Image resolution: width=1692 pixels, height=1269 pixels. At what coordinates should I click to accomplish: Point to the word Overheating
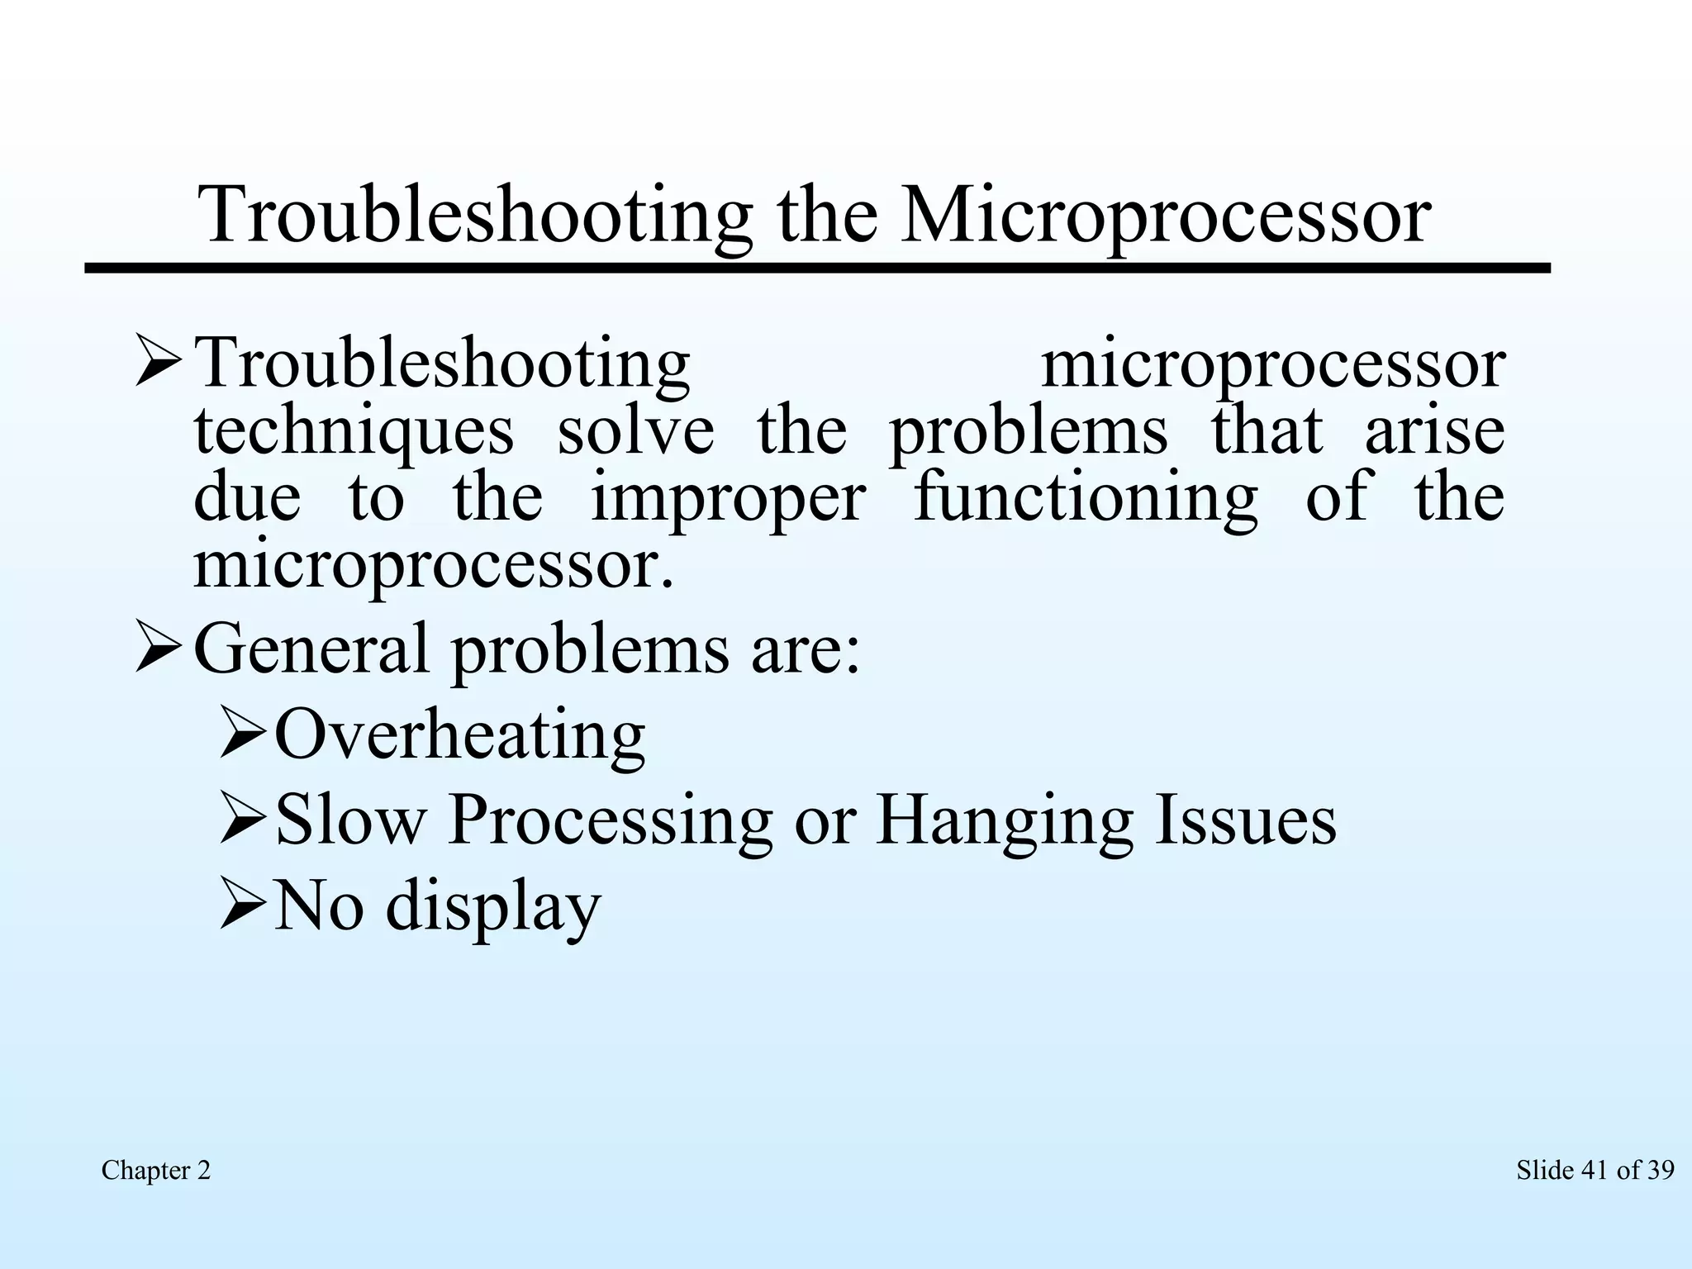[x=459, y=734]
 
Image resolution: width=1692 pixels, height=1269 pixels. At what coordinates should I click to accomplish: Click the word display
[x=493, y=906]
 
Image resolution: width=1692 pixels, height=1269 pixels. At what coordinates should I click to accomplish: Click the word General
[x=312, y=649]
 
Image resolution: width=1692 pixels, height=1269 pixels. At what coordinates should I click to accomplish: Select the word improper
[x=729, y=499]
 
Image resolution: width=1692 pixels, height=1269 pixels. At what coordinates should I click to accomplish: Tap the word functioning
[x=1086, y=499]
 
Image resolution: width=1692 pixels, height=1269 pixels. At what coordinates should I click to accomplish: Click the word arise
[x=1435, y=431]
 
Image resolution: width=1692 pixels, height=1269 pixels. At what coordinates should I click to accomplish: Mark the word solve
[x=635, y=431]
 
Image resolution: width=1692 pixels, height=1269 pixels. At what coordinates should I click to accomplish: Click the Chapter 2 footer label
[x=156, y=1170]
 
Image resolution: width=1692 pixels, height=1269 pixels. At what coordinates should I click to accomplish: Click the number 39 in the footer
[x=1659, y=1170]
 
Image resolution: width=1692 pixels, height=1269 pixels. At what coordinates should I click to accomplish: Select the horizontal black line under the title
[x=818, y=269]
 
